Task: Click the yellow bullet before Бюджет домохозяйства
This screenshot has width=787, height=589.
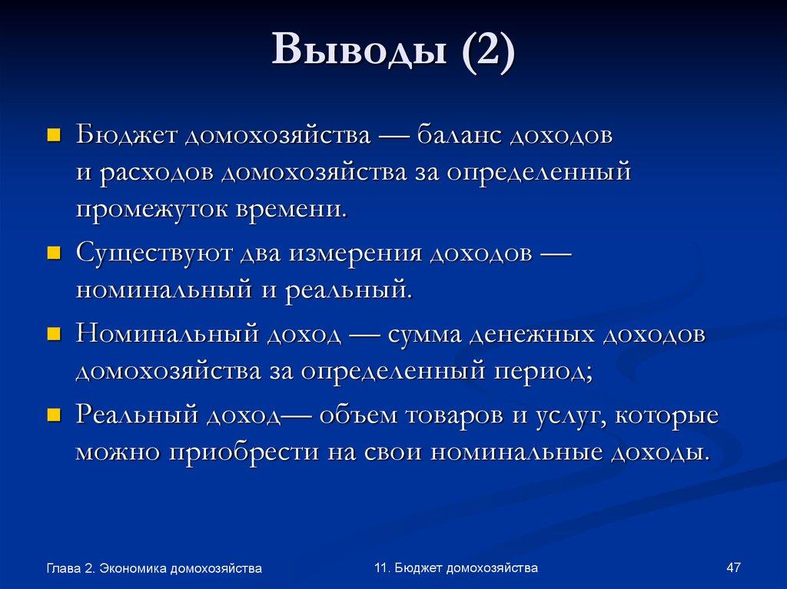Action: point(54,136)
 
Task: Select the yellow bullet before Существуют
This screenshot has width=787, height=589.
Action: point(54,254)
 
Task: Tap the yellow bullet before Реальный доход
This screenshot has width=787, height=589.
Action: point(54,415)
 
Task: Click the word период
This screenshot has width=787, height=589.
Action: point(538,372)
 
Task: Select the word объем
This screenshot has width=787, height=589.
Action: point(359,415)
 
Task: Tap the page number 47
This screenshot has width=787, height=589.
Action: point(732,567)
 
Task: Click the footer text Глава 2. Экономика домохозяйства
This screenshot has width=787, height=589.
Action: point(154,568)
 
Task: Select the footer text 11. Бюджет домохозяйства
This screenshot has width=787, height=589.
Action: point(456,567)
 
